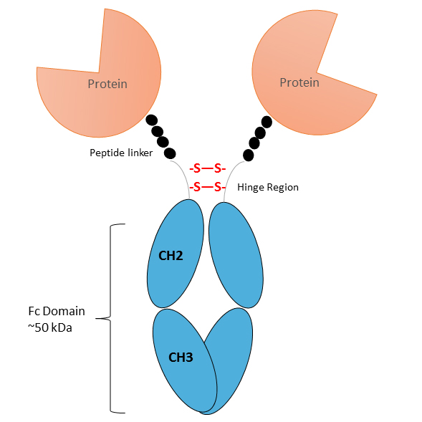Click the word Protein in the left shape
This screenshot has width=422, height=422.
(x=107, y=84)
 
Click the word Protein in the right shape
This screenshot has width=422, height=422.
(x=299, y=82)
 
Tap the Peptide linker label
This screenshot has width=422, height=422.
(x=121, y=153)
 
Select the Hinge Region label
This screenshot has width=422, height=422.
(x=268, y=187)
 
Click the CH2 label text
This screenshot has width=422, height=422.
(x=171, y=256)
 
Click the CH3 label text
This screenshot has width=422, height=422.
(x=181, y=358)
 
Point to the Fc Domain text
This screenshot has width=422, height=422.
(x=57, y=311)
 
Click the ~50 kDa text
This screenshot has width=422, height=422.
(x=50, y=327)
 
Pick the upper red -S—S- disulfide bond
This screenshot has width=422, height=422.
(x=208, y=169)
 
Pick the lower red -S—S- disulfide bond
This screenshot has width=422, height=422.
(x=208, y=187)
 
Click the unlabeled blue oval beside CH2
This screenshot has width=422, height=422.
(x=236, y=255)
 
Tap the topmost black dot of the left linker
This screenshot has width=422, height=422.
(x=151, y=120)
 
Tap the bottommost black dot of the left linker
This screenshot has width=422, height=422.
(x=170, y=153)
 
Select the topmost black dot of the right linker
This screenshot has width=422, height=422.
(x=267, y=122)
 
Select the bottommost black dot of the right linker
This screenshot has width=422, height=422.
(x=248, y=155)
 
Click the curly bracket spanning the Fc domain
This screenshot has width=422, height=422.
(x=110, y=318)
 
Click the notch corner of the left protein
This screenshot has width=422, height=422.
(x=99, y=72)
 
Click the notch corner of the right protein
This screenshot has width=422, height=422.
(x=317, y=72)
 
